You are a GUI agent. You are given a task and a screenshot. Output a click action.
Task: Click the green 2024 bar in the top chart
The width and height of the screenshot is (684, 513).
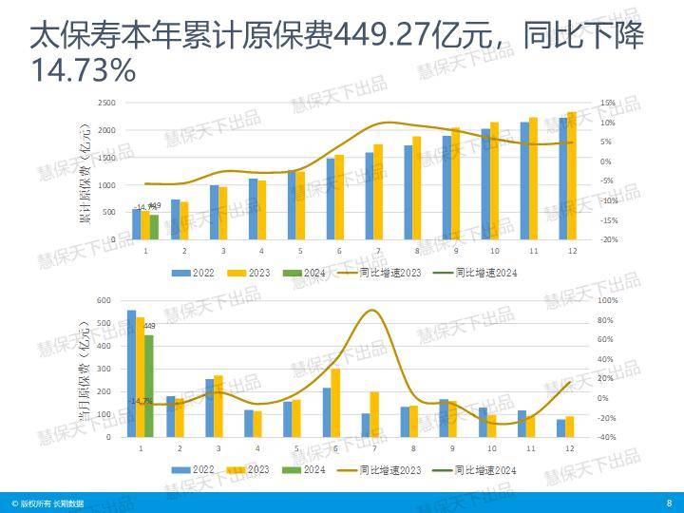coord(154,227)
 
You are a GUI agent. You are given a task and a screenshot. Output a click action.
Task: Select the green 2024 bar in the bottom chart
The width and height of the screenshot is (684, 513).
coord(148,386)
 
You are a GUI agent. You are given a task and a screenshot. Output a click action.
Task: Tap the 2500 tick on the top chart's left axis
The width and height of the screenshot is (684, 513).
coord(106,103)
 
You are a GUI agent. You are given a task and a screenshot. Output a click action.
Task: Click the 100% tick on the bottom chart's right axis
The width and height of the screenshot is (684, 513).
coord(607,300)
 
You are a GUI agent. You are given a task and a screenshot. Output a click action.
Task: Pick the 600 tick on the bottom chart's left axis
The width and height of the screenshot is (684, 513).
coord(104,300)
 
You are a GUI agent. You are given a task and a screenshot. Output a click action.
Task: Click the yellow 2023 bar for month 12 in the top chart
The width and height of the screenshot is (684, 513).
coord(571,176)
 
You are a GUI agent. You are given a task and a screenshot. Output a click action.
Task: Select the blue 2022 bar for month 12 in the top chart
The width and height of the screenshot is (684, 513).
coord(562,179)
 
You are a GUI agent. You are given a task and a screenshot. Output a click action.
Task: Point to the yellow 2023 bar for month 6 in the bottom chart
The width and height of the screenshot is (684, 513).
coord(335,403)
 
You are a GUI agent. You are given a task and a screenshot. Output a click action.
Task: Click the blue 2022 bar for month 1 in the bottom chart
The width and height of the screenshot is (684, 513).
coord(131,373)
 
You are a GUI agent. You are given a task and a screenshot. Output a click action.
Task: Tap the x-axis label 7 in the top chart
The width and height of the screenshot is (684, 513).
coord(378,251)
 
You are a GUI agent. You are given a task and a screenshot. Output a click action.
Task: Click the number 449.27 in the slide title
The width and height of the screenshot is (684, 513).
coord(380,37)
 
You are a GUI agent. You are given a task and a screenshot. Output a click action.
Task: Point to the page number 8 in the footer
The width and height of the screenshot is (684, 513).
coord(669,503)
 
